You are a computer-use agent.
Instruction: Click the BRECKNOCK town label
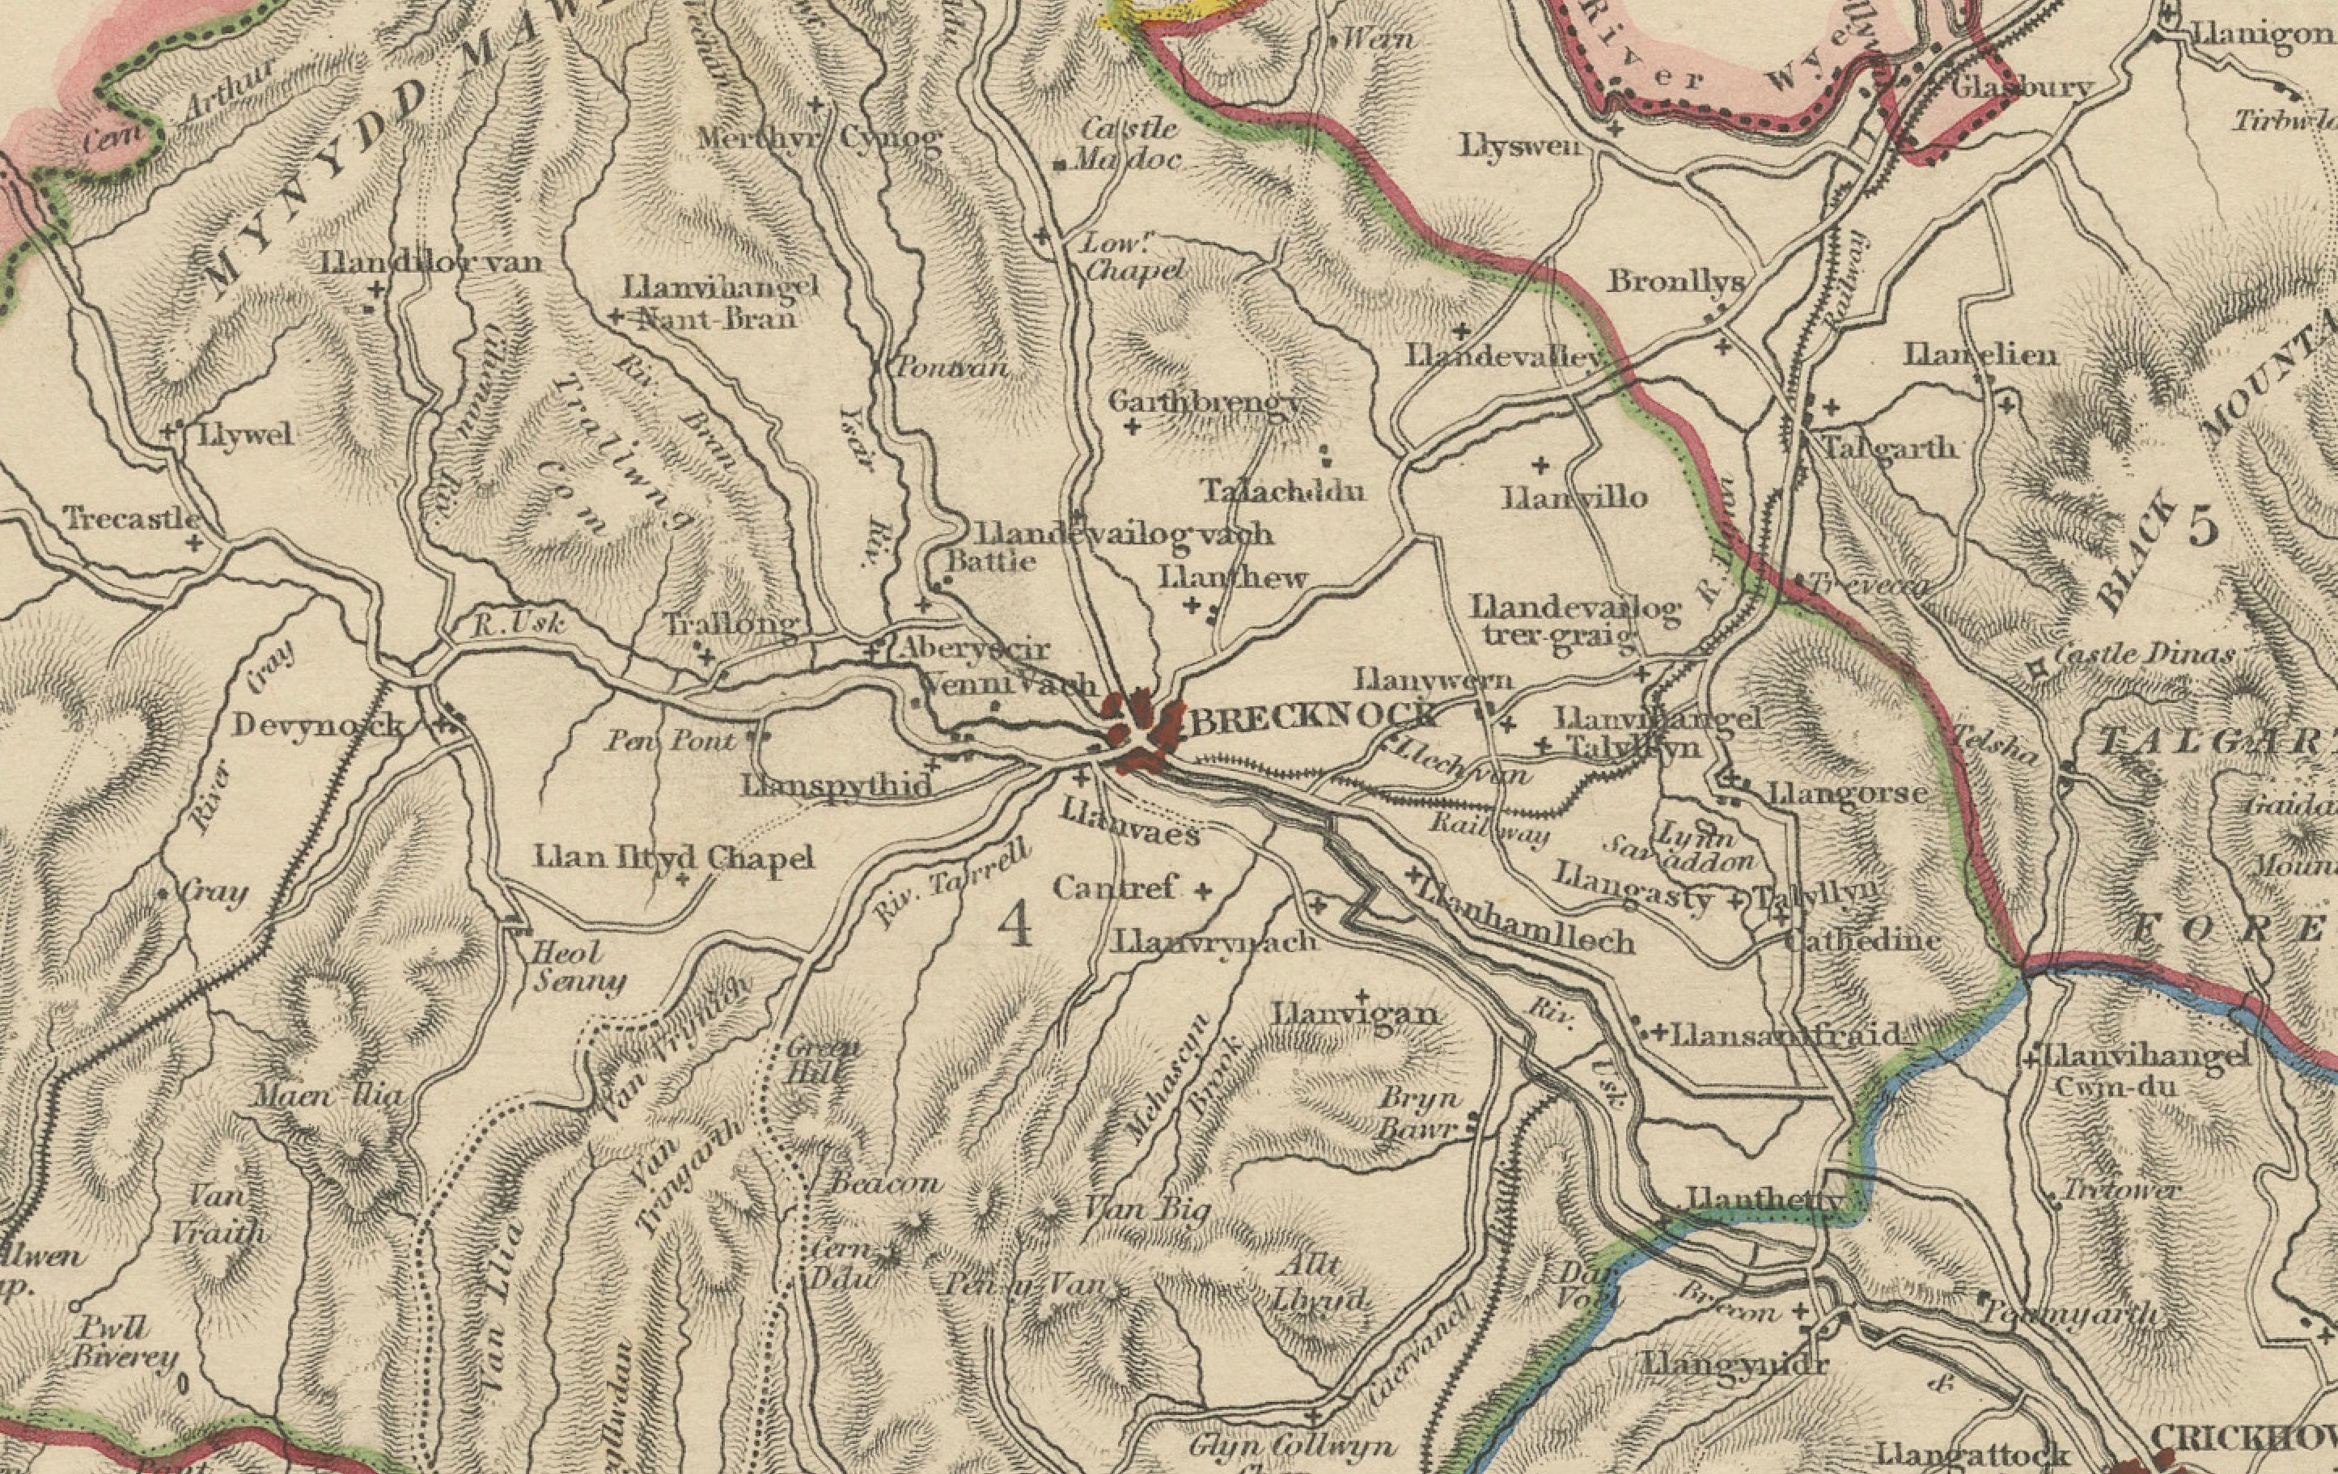pos(1313,719)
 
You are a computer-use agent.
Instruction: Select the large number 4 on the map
pos(1015,923)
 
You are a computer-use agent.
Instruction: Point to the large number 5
pos(2204,527)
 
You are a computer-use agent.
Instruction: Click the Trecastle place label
pos(133,519)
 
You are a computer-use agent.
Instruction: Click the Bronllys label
pos(1675,282)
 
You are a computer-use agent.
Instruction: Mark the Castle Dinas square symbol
pos(2037,669)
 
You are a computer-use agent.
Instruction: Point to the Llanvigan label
pos(1355,1014)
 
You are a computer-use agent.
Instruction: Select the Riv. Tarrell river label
pos(951,882)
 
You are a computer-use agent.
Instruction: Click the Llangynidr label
pos(1734,1362)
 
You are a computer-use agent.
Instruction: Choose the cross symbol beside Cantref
pos(1203,891)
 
